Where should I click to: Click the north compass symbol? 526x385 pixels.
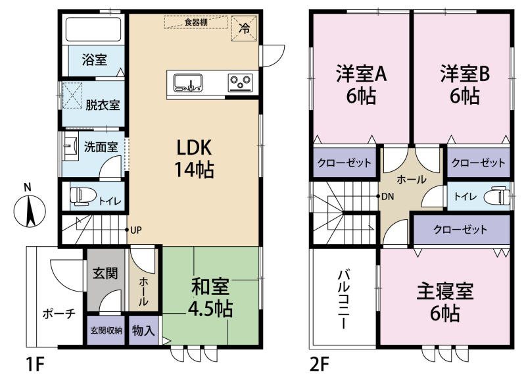30,211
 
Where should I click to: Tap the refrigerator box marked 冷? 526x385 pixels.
244,28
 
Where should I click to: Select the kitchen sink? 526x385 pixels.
187,82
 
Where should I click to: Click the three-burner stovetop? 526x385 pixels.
240,82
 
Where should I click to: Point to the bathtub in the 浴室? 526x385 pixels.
93,30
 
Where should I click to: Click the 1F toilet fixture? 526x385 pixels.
83,196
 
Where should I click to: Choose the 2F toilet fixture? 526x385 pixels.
496,195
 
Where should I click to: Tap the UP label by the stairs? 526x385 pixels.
136,230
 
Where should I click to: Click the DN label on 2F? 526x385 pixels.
387,196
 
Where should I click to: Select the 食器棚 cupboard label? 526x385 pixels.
196,22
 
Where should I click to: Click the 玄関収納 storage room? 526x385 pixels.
106,330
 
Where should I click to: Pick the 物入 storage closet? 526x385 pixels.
143,330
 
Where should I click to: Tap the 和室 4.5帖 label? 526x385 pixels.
210,297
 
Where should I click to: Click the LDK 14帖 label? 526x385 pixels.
194,158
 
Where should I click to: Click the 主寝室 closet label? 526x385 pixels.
460,230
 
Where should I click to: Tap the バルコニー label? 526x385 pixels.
343,299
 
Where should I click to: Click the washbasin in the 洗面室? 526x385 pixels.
70,146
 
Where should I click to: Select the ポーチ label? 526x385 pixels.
59,314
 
